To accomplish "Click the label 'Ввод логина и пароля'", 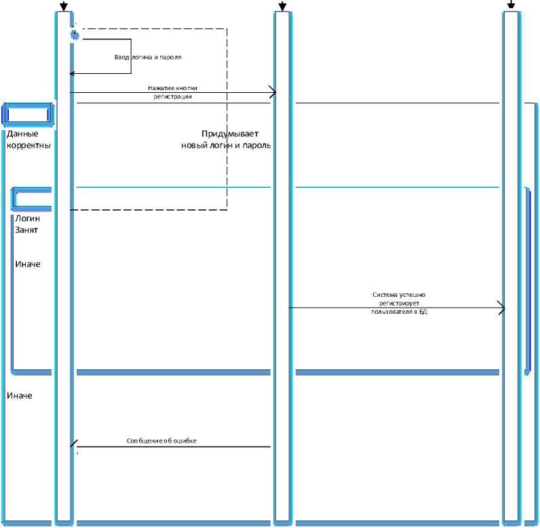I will tap(147, 58).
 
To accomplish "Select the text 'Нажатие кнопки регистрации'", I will tap(172, 92).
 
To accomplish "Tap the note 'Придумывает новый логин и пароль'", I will tap(227, 140).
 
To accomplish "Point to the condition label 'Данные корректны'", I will tap(28, 140).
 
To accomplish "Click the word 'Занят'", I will tap(26, 230).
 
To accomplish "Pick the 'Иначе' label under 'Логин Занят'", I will tap(28, 264).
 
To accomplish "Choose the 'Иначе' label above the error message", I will tap(19, 395).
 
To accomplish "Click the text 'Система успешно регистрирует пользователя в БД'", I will tap(399, 304).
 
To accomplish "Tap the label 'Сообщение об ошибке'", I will tap(161, 441).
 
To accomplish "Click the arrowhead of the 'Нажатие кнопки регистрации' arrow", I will tap(272, 92).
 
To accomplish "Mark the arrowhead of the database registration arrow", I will tap(501, 308).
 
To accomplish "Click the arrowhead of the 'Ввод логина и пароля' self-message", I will tap(73, 73).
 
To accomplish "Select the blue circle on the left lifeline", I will tap(74, 35).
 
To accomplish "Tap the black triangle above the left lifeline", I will tap(64, 7).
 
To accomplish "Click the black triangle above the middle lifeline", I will tap(283, 7).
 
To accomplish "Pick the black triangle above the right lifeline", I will tap(512, 5).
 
